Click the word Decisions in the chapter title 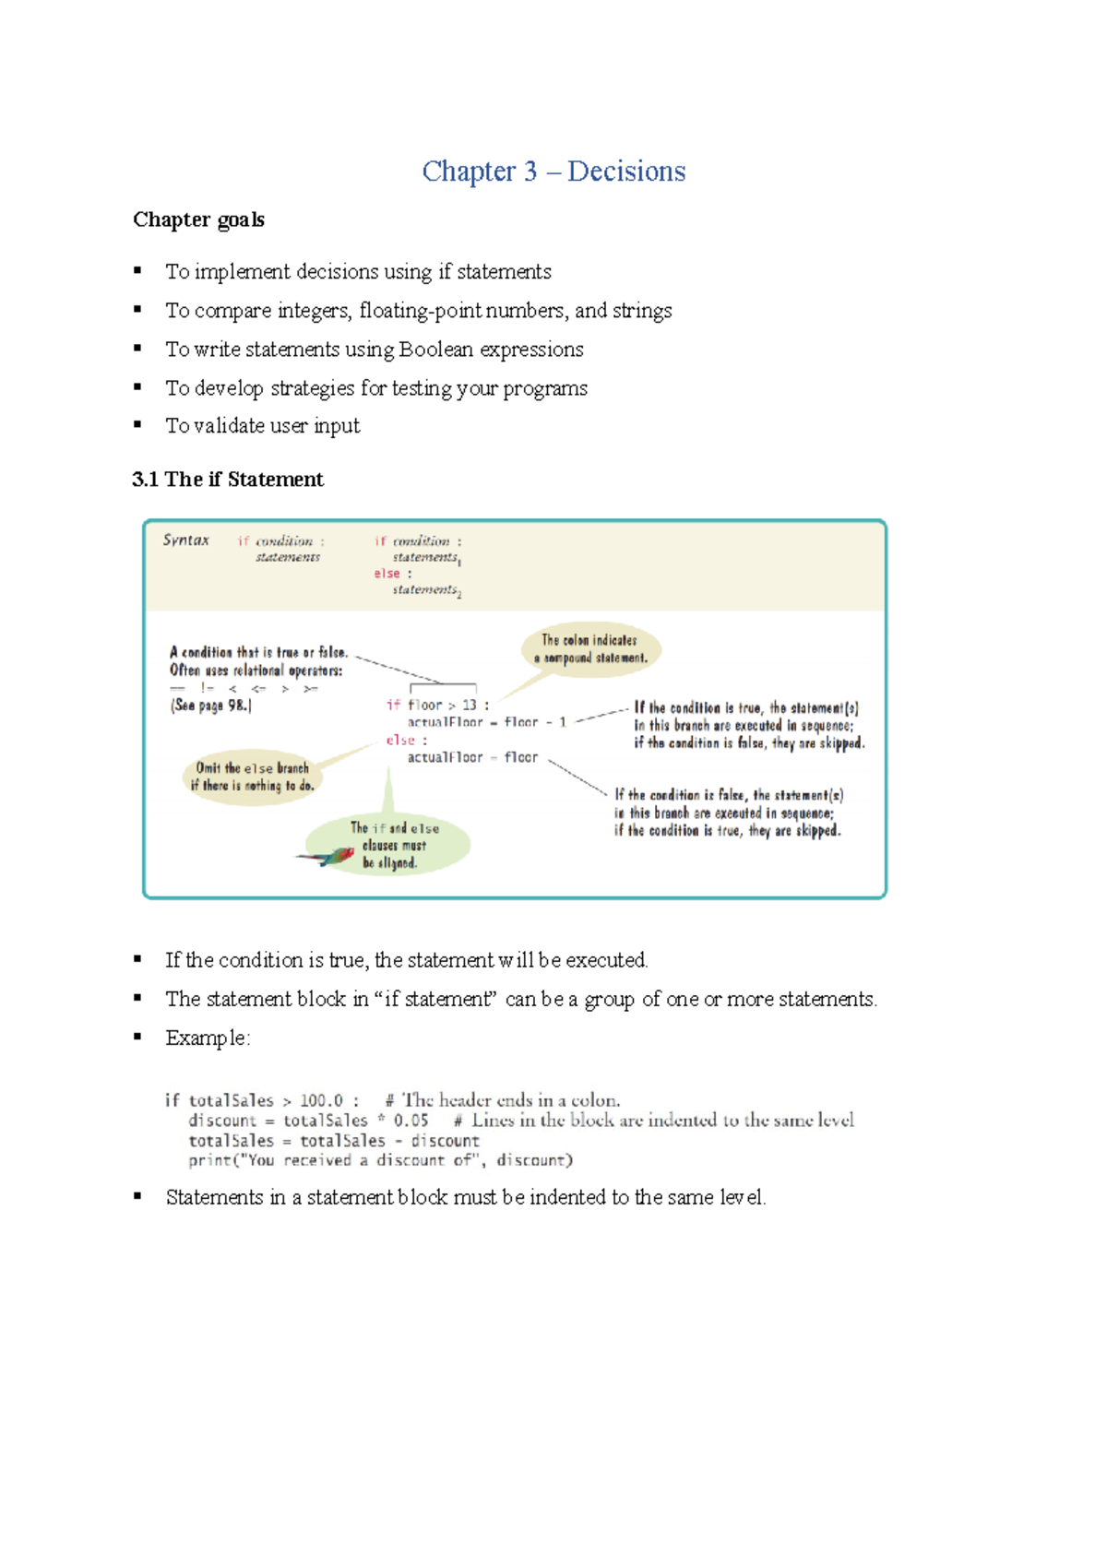626,172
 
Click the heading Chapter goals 198,219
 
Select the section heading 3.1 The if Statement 228,480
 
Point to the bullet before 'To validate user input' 137,424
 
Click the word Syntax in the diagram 185,540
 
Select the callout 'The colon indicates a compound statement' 590,649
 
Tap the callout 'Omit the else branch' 252,777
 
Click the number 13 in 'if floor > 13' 470,706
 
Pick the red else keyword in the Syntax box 387,574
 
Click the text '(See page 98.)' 210,706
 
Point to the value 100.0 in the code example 321,1100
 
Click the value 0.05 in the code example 411,1121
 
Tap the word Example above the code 206,1038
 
